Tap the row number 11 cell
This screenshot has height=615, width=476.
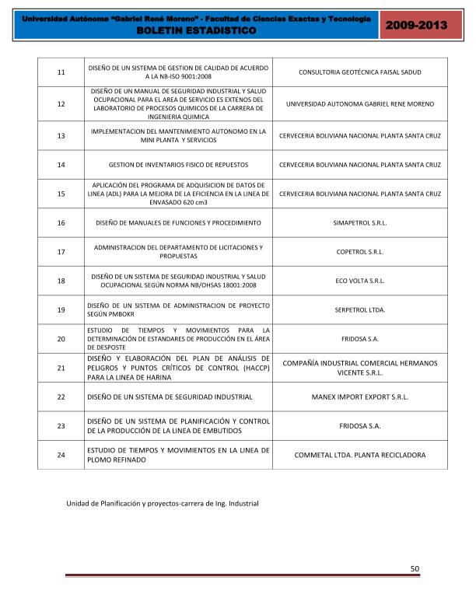click(x=61, y=72)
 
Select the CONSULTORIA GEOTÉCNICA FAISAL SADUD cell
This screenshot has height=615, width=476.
click(x=359, y=72)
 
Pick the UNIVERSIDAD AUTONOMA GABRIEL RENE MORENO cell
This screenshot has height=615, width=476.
click(x=359, y=103)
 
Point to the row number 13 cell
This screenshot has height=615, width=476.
click(x=61, y=135)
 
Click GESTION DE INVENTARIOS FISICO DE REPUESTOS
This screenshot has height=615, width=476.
click(x=178, y=165)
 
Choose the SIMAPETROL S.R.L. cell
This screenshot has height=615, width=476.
click(x=359, y=222)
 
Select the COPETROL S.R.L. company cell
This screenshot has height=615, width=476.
click(x=359, y=252)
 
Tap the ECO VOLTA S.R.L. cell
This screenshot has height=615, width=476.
click(x=359, y=281)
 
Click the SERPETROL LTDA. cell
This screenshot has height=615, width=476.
click(x=359, y=309)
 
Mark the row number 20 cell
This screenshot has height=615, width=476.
click(x=61, y=338)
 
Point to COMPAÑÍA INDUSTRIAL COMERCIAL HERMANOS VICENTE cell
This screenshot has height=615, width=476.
click(x=359, y=368)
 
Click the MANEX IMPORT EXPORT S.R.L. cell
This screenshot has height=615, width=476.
click(x=359, y=397)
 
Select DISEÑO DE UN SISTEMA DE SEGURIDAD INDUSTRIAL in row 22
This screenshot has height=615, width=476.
click(x=170, y=397)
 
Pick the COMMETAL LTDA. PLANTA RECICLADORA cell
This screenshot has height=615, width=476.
click(x=359, y=455)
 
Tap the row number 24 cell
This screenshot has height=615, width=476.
click(x=61, y=455)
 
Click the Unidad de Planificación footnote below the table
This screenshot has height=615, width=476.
click(x=162, y=504)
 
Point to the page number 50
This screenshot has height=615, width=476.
click(x=415, y=569)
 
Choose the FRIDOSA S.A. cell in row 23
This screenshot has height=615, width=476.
click(x=359, y=426)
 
